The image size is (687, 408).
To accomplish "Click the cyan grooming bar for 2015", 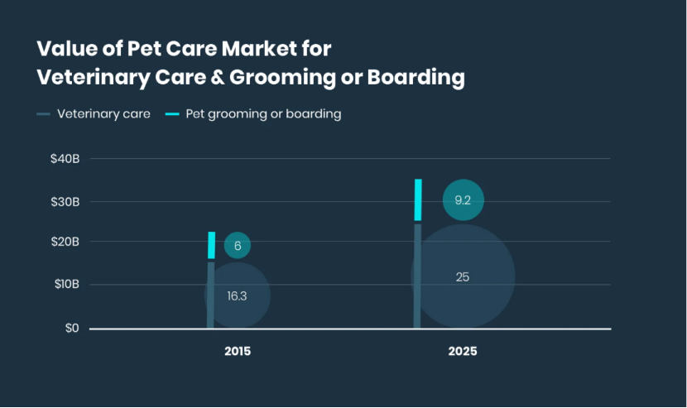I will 211,245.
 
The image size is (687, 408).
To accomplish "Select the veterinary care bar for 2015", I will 210,295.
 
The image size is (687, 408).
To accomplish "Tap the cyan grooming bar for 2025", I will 418,199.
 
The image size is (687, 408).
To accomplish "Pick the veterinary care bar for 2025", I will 417,276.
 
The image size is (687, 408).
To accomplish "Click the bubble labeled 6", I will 238,245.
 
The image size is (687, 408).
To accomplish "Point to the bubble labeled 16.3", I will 238,295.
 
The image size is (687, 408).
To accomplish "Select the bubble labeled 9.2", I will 463,199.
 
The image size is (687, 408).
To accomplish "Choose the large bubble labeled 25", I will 463,276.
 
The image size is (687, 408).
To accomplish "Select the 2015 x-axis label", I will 238,351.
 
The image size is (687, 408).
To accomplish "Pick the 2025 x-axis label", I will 463,351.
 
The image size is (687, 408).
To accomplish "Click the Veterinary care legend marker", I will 44,114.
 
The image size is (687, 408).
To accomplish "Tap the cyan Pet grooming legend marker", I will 171,114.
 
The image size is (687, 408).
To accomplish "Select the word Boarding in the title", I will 419,77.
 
